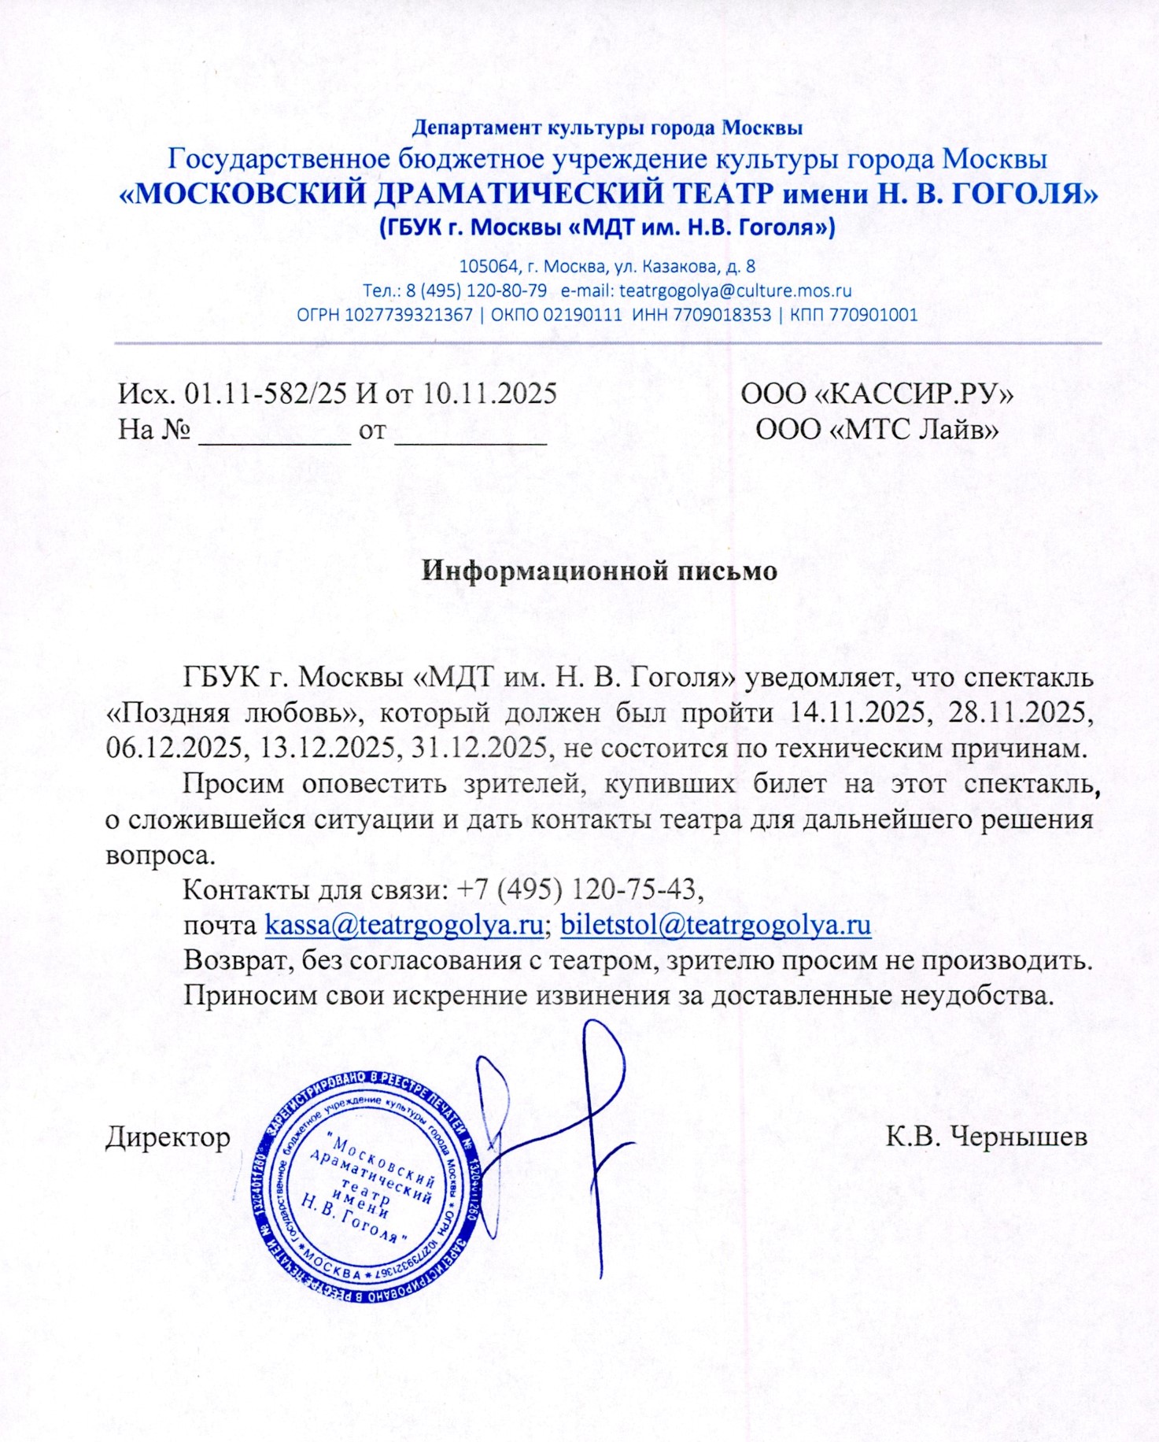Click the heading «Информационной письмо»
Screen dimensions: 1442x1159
pos(600,571)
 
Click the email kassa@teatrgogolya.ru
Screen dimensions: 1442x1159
pos(404,924)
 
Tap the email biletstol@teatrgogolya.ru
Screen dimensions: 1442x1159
pos(715,924)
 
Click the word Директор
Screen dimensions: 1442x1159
pos(168,1137)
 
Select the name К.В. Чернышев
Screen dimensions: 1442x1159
pos(987,1137)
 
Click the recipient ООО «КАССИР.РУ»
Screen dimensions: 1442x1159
pos(877,394)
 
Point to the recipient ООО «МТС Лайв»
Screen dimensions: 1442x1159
pos(877,430)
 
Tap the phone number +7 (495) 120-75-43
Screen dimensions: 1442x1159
pos(577,889)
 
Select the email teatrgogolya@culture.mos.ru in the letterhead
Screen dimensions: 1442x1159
pos(735,290)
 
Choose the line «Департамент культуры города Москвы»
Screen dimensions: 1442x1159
pos(607,127)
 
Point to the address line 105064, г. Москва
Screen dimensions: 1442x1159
pos(607,266)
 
